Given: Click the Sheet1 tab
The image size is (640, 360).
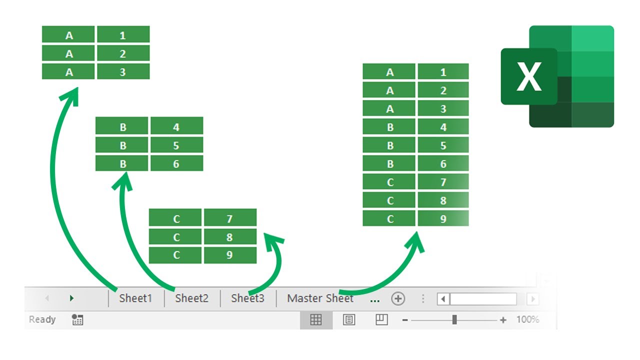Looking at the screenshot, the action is click(135, 298).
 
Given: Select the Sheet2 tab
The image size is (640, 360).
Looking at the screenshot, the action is click(191, 298).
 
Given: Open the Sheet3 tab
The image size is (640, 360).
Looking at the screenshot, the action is click(247, 298).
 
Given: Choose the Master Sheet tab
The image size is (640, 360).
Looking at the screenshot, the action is click(320, 298).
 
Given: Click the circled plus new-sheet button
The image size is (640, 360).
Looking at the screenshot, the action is click(398, 299).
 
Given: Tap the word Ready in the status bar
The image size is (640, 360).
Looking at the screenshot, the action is click(42, 319).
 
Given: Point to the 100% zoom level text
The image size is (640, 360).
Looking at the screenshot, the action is click(527, 319).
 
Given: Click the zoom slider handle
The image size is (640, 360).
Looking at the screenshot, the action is click(454, 319).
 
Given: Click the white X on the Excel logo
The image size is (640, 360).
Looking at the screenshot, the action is click(529, 76).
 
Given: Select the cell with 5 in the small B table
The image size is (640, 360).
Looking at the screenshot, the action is click(177, 145).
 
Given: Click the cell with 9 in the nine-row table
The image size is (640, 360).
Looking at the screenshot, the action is click(443, 218).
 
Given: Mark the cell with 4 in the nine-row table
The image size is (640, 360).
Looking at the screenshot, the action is click(443, 126).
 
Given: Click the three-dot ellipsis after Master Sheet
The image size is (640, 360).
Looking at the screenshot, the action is click(375, 301).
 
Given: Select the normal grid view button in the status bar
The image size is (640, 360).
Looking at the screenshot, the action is click(316, 319).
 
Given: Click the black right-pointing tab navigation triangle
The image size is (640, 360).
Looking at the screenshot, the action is click(71, 298).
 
